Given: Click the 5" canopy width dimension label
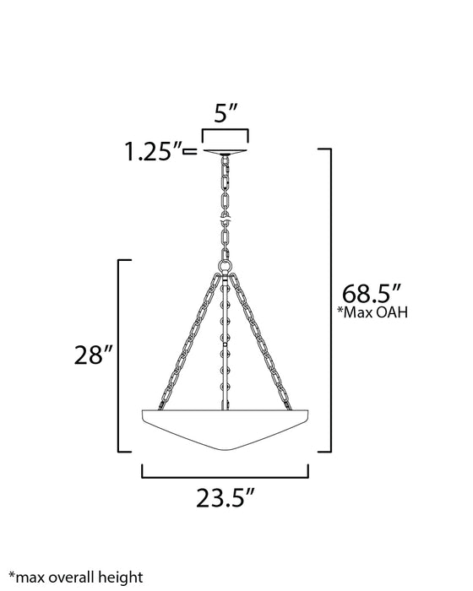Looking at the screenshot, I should point(225,113).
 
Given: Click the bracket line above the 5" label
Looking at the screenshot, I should point(225,131).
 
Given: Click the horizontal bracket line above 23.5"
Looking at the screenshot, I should point(224,474).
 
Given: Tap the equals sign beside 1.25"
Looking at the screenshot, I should point(190,152).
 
